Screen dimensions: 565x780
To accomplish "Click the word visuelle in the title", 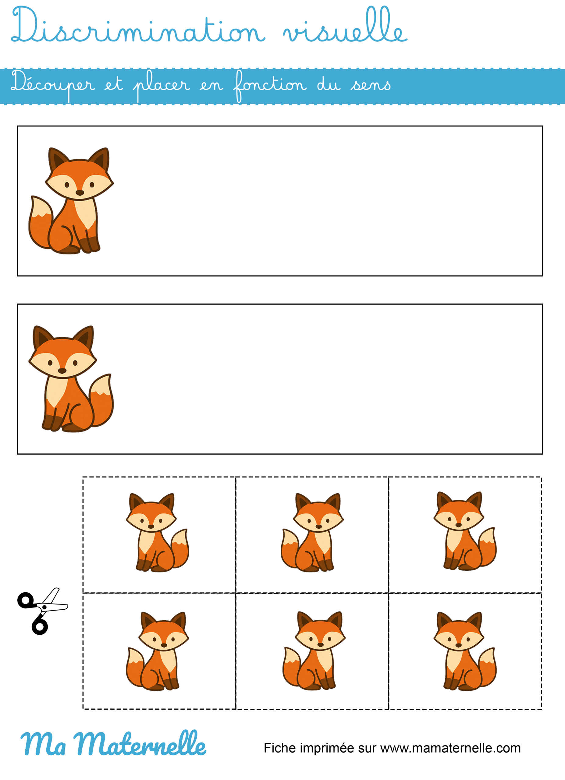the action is click(345, 25).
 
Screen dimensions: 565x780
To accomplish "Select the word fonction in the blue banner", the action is click(270, 86).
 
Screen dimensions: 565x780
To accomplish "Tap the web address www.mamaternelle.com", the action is click(450, 748).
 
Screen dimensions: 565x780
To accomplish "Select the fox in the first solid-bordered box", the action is click(71, 200).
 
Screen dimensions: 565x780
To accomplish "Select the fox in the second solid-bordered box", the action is click(71, 379).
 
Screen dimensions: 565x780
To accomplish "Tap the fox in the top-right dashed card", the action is click(465, 531).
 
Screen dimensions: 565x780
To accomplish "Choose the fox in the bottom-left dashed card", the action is click(158, 651).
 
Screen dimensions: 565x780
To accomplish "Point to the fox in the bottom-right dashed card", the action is click(465, 651).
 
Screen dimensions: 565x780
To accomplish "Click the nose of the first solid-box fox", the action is click(80, 193).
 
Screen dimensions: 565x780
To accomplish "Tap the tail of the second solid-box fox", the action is click(101, 400).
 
